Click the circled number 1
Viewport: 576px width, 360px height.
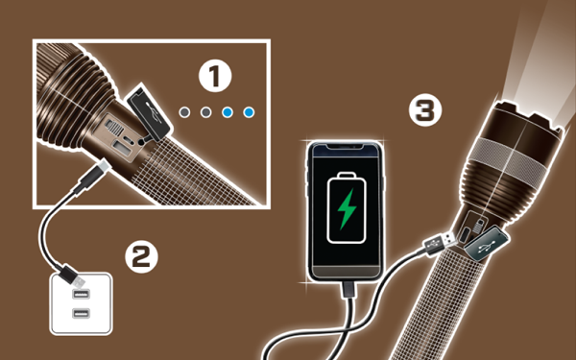(x=215, y=76)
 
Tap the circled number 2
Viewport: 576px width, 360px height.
(x=141, y=256)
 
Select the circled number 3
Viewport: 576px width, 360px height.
(x=425, y=109)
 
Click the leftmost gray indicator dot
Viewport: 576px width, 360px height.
(x=184, y=112)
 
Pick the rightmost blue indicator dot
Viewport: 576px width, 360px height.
(x=249, y=112)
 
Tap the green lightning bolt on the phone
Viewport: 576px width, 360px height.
(x=347, y=208)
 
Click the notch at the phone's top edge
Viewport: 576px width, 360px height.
(x=346, y=146)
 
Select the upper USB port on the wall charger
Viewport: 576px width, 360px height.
(x=81, y=294)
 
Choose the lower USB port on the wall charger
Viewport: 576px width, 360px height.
(x=81, y=313)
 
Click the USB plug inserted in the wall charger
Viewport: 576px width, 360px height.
(x=72, y=276)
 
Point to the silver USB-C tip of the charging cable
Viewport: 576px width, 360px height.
(x=104, y=165)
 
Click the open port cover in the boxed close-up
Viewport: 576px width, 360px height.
(x=149, y=112)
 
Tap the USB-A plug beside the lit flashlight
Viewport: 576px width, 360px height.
(x=441, y=243)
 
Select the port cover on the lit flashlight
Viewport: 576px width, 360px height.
(x=487, y=243)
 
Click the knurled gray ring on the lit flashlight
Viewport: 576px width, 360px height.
(x=509, y=159)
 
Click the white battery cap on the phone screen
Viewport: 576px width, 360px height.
(x=347, y=175)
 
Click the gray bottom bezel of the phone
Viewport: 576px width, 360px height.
(x=346, y=272)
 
